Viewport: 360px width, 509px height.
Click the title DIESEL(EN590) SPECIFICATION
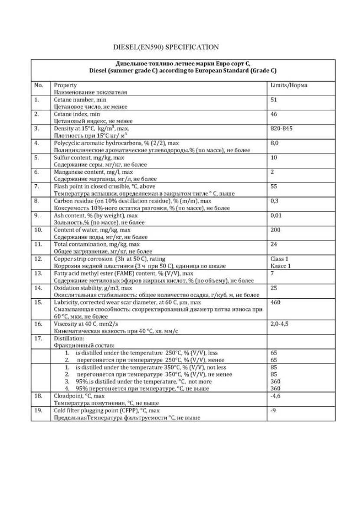point(166,47)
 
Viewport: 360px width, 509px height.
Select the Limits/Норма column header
point(288,85)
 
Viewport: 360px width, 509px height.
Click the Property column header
point(65,85)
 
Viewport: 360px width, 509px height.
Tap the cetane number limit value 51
point(274,100)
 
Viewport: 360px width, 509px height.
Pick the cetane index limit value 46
point(274,114)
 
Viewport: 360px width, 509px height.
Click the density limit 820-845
point(280,129)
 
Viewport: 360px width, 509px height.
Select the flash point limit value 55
point(274,186)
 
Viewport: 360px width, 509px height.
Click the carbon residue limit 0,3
point(274,201)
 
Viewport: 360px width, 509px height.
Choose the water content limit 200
point(275,230)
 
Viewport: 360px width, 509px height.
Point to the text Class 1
point(280,259)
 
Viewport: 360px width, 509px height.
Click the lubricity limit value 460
point(275,302)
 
